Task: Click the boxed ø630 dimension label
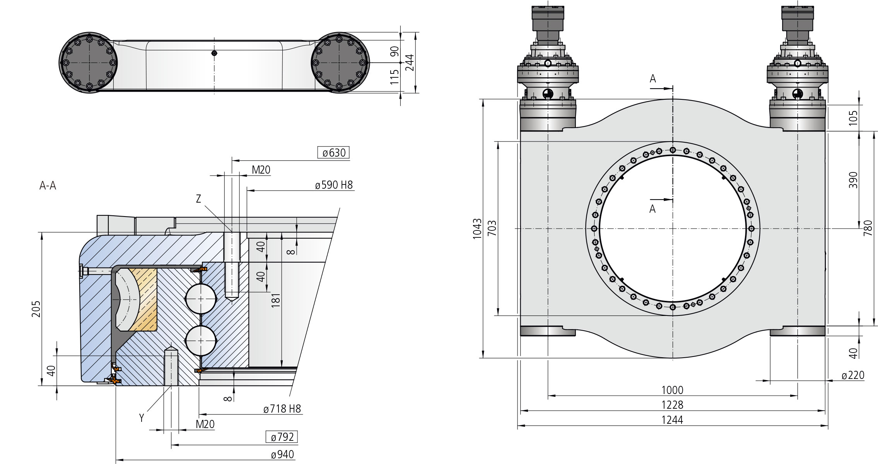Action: (x=333, y=153)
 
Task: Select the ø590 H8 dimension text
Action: (x=334, y=185)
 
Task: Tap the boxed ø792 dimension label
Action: (x=282, y=437)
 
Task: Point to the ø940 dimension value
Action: (x=282, y=455)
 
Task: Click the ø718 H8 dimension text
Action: (x=282, y=409)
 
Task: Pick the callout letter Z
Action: (x=198, y=199)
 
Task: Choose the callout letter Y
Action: (x=142, y=418)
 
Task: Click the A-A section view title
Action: (x=48, y=186)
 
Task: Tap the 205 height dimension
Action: (x=36, y=309)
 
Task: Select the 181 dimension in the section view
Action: (x=275, y=300)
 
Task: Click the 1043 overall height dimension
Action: (x=477, y=229)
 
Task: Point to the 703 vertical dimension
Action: (x=492, y=229)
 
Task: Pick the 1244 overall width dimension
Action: (x=672, y=420)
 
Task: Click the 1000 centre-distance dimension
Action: (x=672, y=390)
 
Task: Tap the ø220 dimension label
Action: (x=853, y=375)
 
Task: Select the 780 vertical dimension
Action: (x=868, y=228)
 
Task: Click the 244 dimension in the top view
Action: (x=409, y=62)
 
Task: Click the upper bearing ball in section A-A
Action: (x=201, y=299)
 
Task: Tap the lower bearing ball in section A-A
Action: (x=201, y=341)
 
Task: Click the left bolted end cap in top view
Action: (x=88, y=62)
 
